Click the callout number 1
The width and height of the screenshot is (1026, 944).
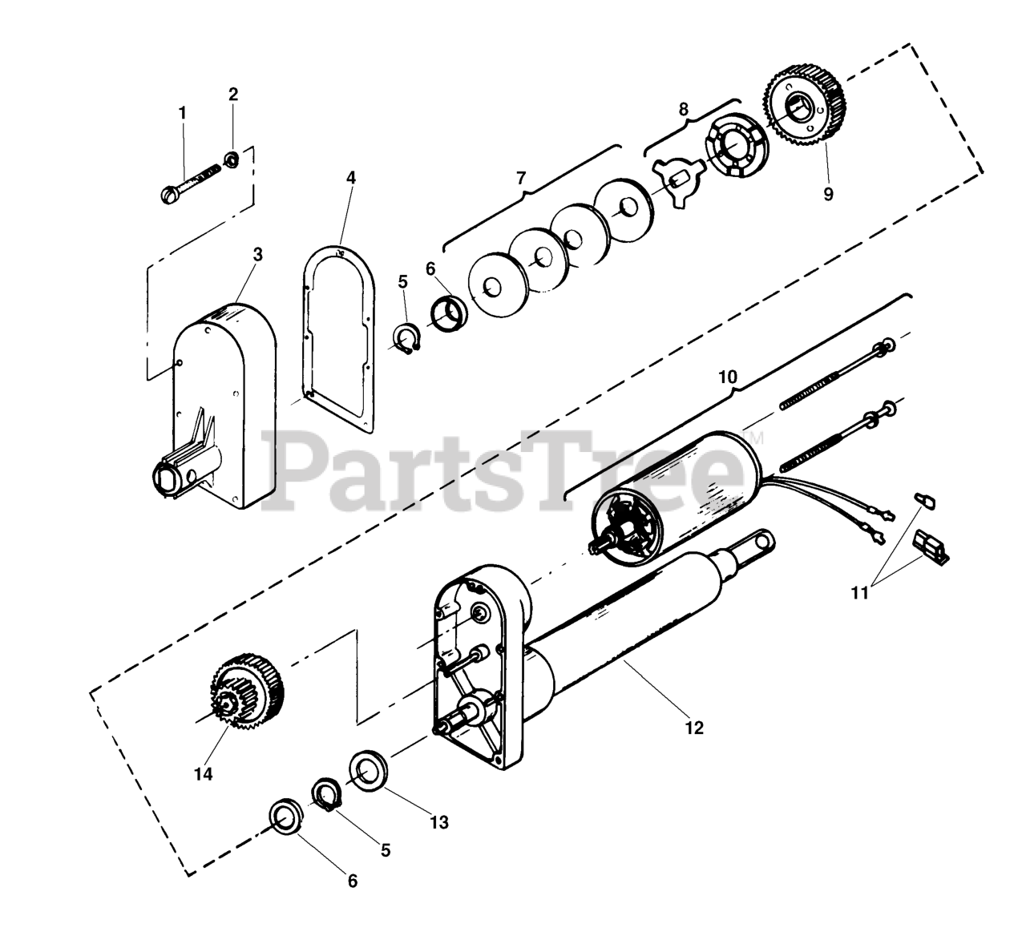(182, 113)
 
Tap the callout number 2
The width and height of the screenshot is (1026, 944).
(233, 94)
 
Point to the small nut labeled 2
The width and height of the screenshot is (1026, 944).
(229, 159)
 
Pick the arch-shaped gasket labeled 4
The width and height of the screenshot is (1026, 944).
(337, 337)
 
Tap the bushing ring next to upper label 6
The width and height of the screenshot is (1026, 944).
(449, 312)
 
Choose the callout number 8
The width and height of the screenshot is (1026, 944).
(683, 109)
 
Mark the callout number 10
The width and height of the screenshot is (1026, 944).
(728, 377)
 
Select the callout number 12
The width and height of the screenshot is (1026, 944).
(694, 728)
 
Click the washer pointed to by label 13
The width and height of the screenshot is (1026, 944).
(368, 771)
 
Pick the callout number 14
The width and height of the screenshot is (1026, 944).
(204, 774)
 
